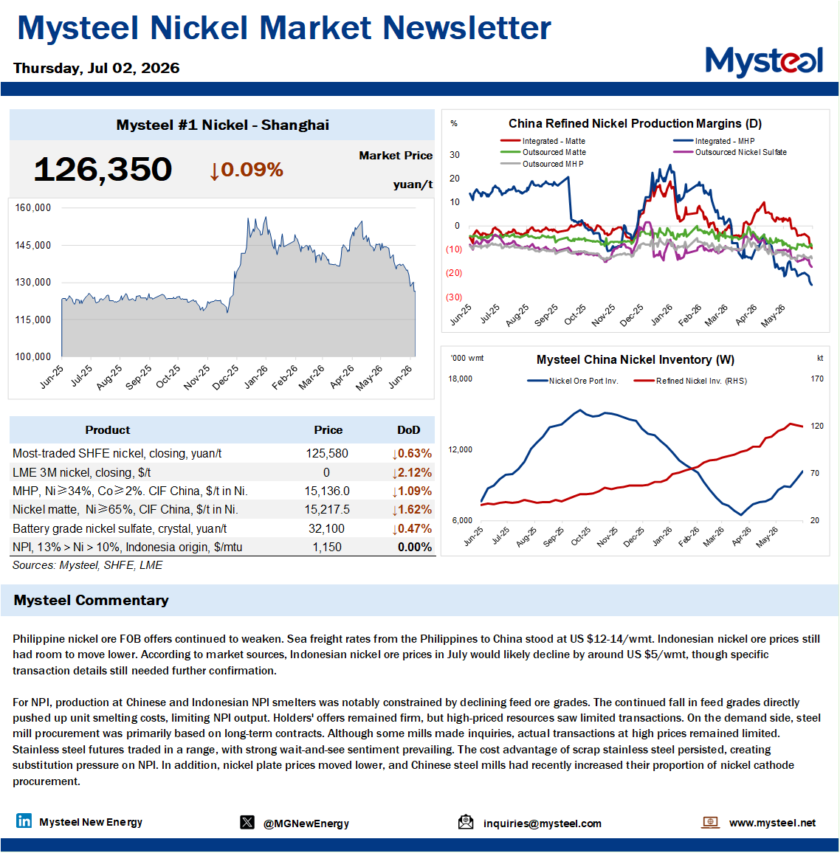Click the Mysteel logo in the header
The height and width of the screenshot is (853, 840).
tap(764, 61)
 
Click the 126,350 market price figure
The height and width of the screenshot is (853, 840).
tap(103, 169)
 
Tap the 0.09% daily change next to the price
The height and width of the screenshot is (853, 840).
tap(247, 170)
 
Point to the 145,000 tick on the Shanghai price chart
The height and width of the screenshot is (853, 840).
tap(33, 245)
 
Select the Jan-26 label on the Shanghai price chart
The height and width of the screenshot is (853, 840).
tap(255, 377)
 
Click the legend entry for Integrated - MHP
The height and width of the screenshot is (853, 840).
tap(714, 141)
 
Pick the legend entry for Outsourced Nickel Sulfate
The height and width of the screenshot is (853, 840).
tap(730, 152)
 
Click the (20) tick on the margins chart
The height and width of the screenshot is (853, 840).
tap(454, 273)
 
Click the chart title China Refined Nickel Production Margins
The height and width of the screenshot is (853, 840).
tap(635, 123)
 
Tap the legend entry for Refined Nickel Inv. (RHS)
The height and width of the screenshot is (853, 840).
tap(691, 381)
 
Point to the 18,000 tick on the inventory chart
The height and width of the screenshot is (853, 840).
tap(461, 379)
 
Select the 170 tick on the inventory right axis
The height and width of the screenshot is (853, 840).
tap(817, 379)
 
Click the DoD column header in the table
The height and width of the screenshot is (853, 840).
tap(409, 430)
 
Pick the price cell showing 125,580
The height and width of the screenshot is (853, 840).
tap(327, 454)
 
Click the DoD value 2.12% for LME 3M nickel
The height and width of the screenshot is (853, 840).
tap(412, 473)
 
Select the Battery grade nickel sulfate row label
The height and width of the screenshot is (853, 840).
tap(120, 529)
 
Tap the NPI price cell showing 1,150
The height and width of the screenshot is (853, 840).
tap(327, 548)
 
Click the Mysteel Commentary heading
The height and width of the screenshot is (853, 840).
tap(91, 600)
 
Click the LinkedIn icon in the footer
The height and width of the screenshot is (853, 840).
tap(24, 821)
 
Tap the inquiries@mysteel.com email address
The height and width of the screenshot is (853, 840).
tap(543, 823)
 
